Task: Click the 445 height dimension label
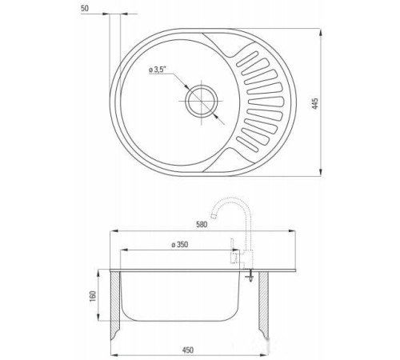click(315, 104)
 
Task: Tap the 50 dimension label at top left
click(85, 8)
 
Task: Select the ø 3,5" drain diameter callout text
click(158, 70)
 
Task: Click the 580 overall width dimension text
click(202, 225)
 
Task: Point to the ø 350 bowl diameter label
click(180, 245)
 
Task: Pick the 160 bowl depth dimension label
click(93, 297)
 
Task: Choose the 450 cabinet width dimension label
click(188, 350)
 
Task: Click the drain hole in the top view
click(202, 102)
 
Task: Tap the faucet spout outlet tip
click(213, 216)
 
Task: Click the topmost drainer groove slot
click(247, 59)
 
